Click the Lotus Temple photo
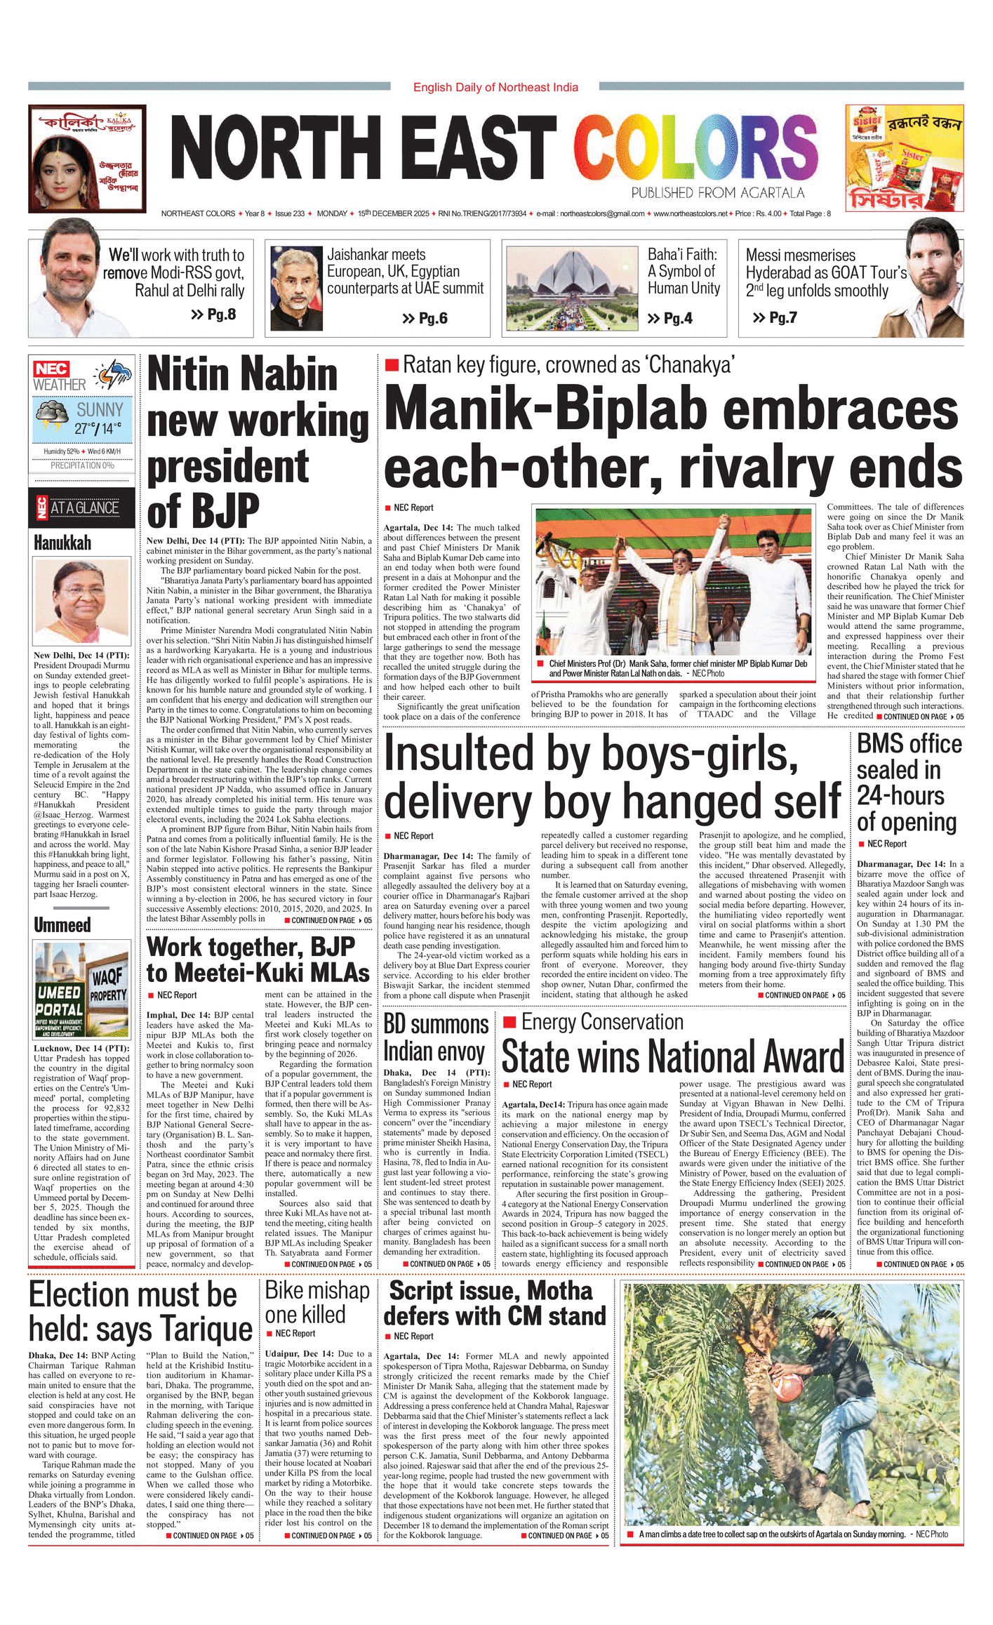tap(572, 288)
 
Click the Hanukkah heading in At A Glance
tap(62, 543)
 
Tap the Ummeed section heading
tap(62, 924)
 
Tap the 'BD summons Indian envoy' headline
tap(436, 1038)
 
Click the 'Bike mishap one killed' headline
tap(316, 1302)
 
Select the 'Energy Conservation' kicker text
tap(602, 1021)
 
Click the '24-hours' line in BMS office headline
tap(900, 795)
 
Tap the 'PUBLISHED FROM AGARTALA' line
tap(717, 192)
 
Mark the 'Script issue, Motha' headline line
tap(491, 1291)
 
